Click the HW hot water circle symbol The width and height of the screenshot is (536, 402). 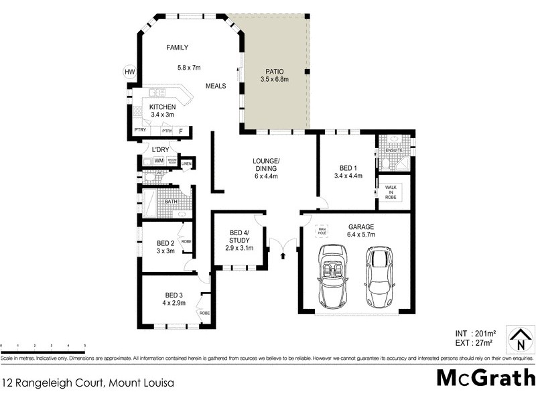129,72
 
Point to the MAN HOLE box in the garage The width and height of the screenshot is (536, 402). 322,229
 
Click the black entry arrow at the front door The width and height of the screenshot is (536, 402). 283,254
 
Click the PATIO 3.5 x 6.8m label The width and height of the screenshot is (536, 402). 274,75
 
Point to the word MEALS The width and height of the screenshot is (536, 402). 216,86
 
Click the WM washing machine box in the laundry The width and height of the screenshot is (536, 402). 158,161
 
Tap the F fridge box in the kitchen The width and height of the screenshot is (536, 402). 182,131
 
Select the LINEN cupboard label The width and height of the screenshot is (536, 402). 187,163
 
